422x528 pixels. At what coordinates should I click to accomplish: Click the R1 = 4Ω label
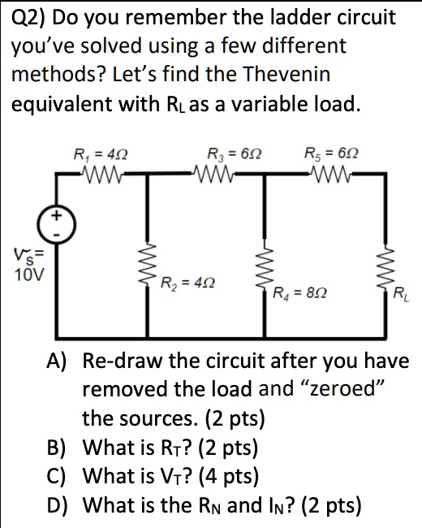[x=100, y=153]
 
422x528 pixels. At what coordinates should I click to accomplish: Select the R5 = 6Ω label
[x=329, y=153]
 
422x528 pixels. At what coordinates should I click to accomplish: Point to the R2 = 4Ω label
[x=187, y=284]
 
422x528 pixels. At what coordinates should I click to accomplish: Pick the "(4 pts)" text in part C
[x=295, y=477]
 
